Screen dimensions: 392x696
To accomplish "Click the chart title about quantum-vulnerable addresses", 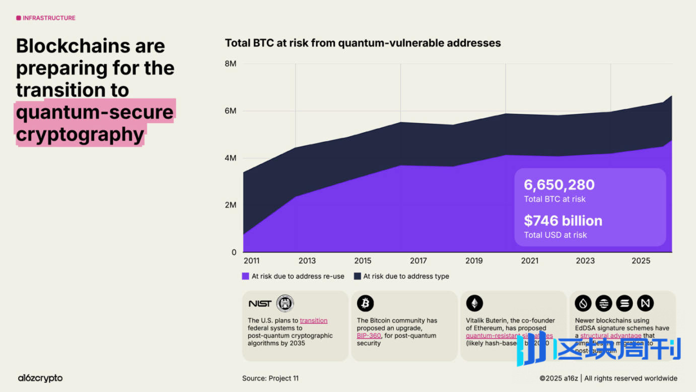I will [363, 43].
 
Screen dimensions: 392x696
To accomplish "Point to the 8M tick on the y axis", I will [230, 64].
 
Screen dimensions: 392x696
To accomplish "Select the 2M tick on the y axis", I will [230, 205].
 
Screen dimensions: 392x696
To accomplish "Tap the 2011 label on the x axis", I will [251, 261].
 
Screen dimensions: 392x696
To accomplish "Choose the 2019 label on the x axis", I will [474, 261].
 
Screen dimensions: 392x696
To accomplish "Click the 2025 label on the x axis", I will [641, 261].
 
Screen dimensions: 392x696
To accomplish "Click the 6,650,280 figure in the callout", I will [559, 185].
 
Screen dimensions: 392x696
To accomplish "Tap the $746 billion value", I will [563, 221].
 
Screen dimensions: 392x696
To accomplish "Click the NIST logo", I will [260, 303].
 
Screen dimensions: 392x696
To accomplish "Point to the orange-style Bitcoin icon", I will [366, 303].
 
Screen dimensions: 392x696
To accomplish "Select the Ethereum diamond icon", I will [474, 303].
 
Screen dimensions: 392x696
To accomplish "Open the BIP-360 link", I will [369, 336].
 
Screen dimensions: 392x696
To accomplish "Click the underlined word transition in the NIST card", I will [313, 320].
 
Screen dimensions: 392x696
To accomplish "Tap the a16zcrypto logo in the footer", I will [40, 378].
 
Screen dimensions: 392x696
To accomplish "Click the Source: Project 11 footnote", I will [270, 378].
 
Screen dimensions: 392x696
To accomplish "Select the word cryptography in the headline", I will [80, 135].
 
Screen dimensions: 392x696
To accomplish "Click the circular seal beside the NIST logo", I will [285, 303].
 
